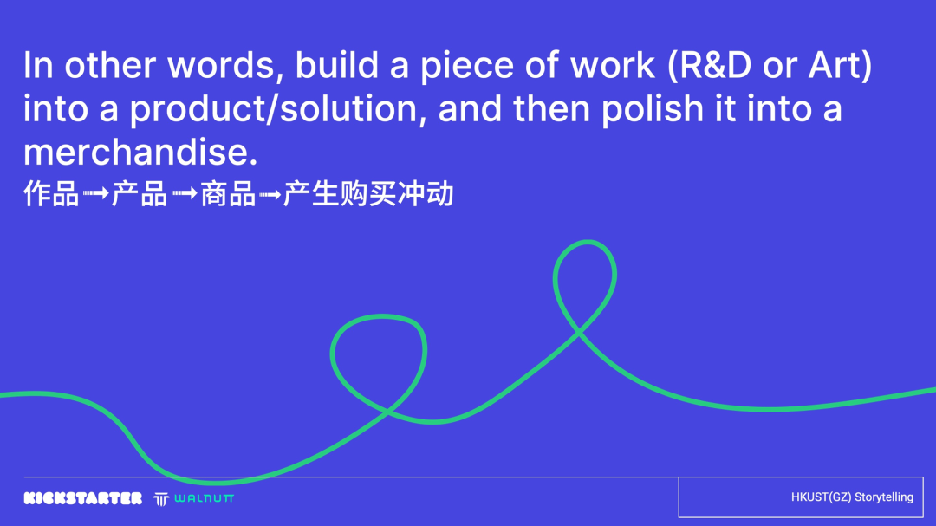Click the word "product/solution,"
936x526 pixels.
point(276,109)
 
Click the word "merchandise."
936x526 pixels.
point(140,153)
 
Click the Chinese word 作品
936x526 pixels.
point(51,194)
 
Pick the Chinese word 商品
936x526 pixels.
point(228,194)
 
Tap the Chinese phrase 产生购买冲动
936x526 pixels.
point(368,194)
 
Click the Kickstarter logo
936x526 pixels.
point(83,498)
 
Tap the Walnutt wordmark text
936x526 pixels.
point(204,498)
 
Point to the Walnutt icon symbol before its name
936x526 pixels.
point(160,498)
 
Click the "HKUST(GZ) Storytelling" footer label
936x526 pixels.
point(852,497)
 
